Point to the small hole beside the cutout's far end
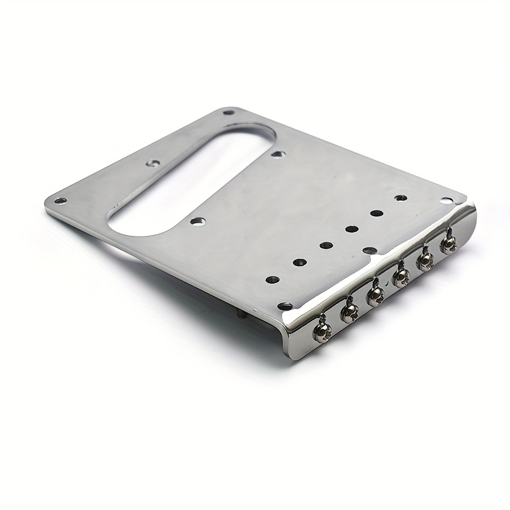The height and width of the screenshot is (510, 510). tap(277, 154)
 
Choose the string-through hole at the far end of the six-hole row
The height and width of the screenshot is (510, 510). tap(401, 199)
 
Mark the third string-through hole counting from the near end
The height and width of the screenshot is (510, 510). tap(325, 245)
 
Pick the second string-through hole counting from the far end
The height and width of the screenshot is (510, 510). tap(377, 214)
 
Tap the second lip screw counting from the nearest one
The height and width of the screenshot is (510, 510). tap(349, 312)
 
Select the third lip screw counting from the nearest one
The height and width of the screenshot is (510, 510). tap(375, 294)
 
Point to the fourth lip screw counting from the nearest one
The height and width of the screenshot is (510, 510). tap(401, 276)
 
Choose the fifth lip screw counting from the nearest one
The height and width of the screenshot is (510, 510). tap(425, 259)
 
